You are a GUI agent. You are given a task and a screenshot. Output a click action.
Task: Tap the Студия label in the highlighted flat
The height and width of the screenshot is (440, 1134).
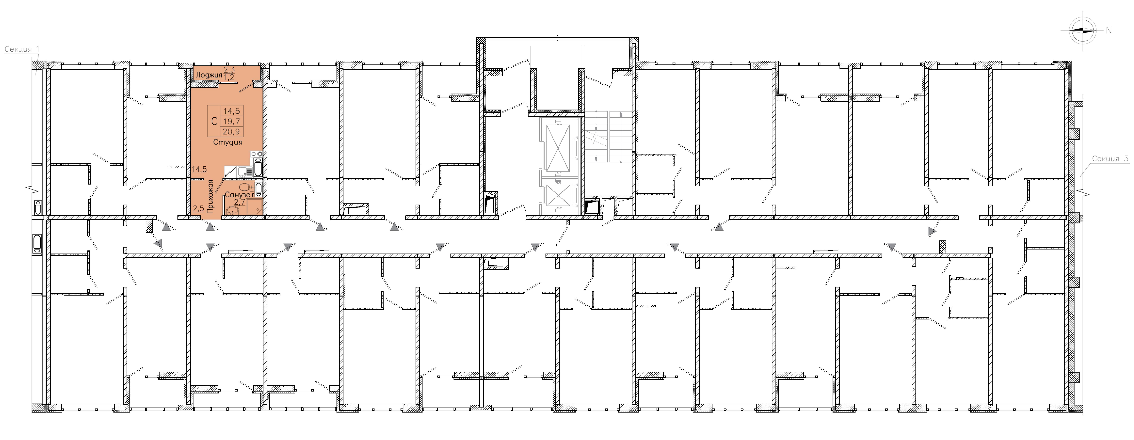click(x=228, y=142)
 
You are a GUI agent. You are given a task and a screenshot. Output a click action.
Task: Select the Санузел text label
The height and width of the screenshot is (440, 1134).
click(x=239, y=195)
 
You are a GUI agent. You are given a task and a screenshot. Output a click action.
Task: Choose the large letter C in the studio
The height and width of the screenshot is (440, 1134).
click(x=214, y=121)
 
